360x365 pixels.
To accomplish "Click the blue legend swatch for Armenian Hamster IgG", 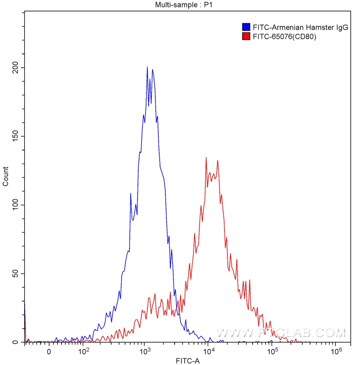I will (246, 27).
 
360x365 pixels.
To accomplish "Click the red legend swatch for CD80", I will (246, 36).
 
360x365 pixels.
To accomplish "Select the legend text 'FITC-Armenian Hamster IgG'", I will (300, 27).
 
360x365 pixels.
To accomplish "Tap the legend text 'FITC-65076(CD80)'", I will (284, 36).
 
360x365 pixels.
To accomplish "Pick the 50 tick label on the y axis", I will (15, 274).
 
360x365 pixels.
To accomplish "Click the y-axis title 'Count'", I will (6, 176).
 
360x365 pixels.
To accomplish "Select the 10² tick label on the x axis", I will (83, 351).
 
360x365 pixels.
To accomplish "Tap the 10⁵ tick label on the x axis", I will (273, 351).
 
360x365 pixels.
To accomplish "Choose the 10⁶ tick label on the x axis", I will (335, 351).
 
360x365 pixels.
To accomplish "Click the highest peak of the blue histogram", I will (147, 67).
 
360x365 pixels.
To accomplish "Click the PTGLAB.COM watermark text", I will (281, 333).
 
